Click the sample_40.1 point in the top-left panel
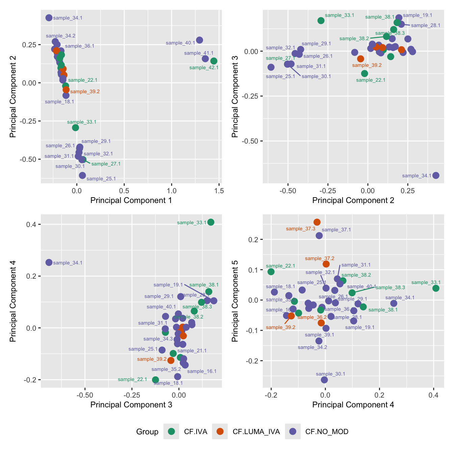(200, 40)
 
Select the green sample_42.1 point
(214, 61)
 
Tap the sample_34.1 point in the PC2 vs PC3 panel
(436, 175)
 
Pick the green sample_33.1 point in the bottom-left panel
(211, 222)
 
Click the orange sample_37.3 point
(317, 222)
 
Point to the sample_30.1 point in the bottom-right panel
(324, 380)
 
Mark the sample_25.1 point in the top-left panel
(82, 175)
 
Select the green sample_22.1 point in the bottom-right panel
(271, 272)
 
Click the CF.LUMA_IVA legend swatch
(220, 431)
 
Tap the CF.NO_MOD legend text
(327, 432)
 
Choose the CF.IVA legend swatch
(171, 431)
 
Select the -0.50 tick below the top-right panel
(288, 191)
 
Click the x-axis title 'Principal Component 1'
(131, 200)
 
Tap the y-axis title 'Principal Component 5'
(235, 301)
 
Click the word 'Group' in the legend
(147, 432)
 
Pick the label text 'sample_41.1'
(199, 53)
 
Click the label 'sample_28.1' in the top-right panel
(425, 25)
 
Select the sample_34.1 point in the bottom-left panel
(49, 262)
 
